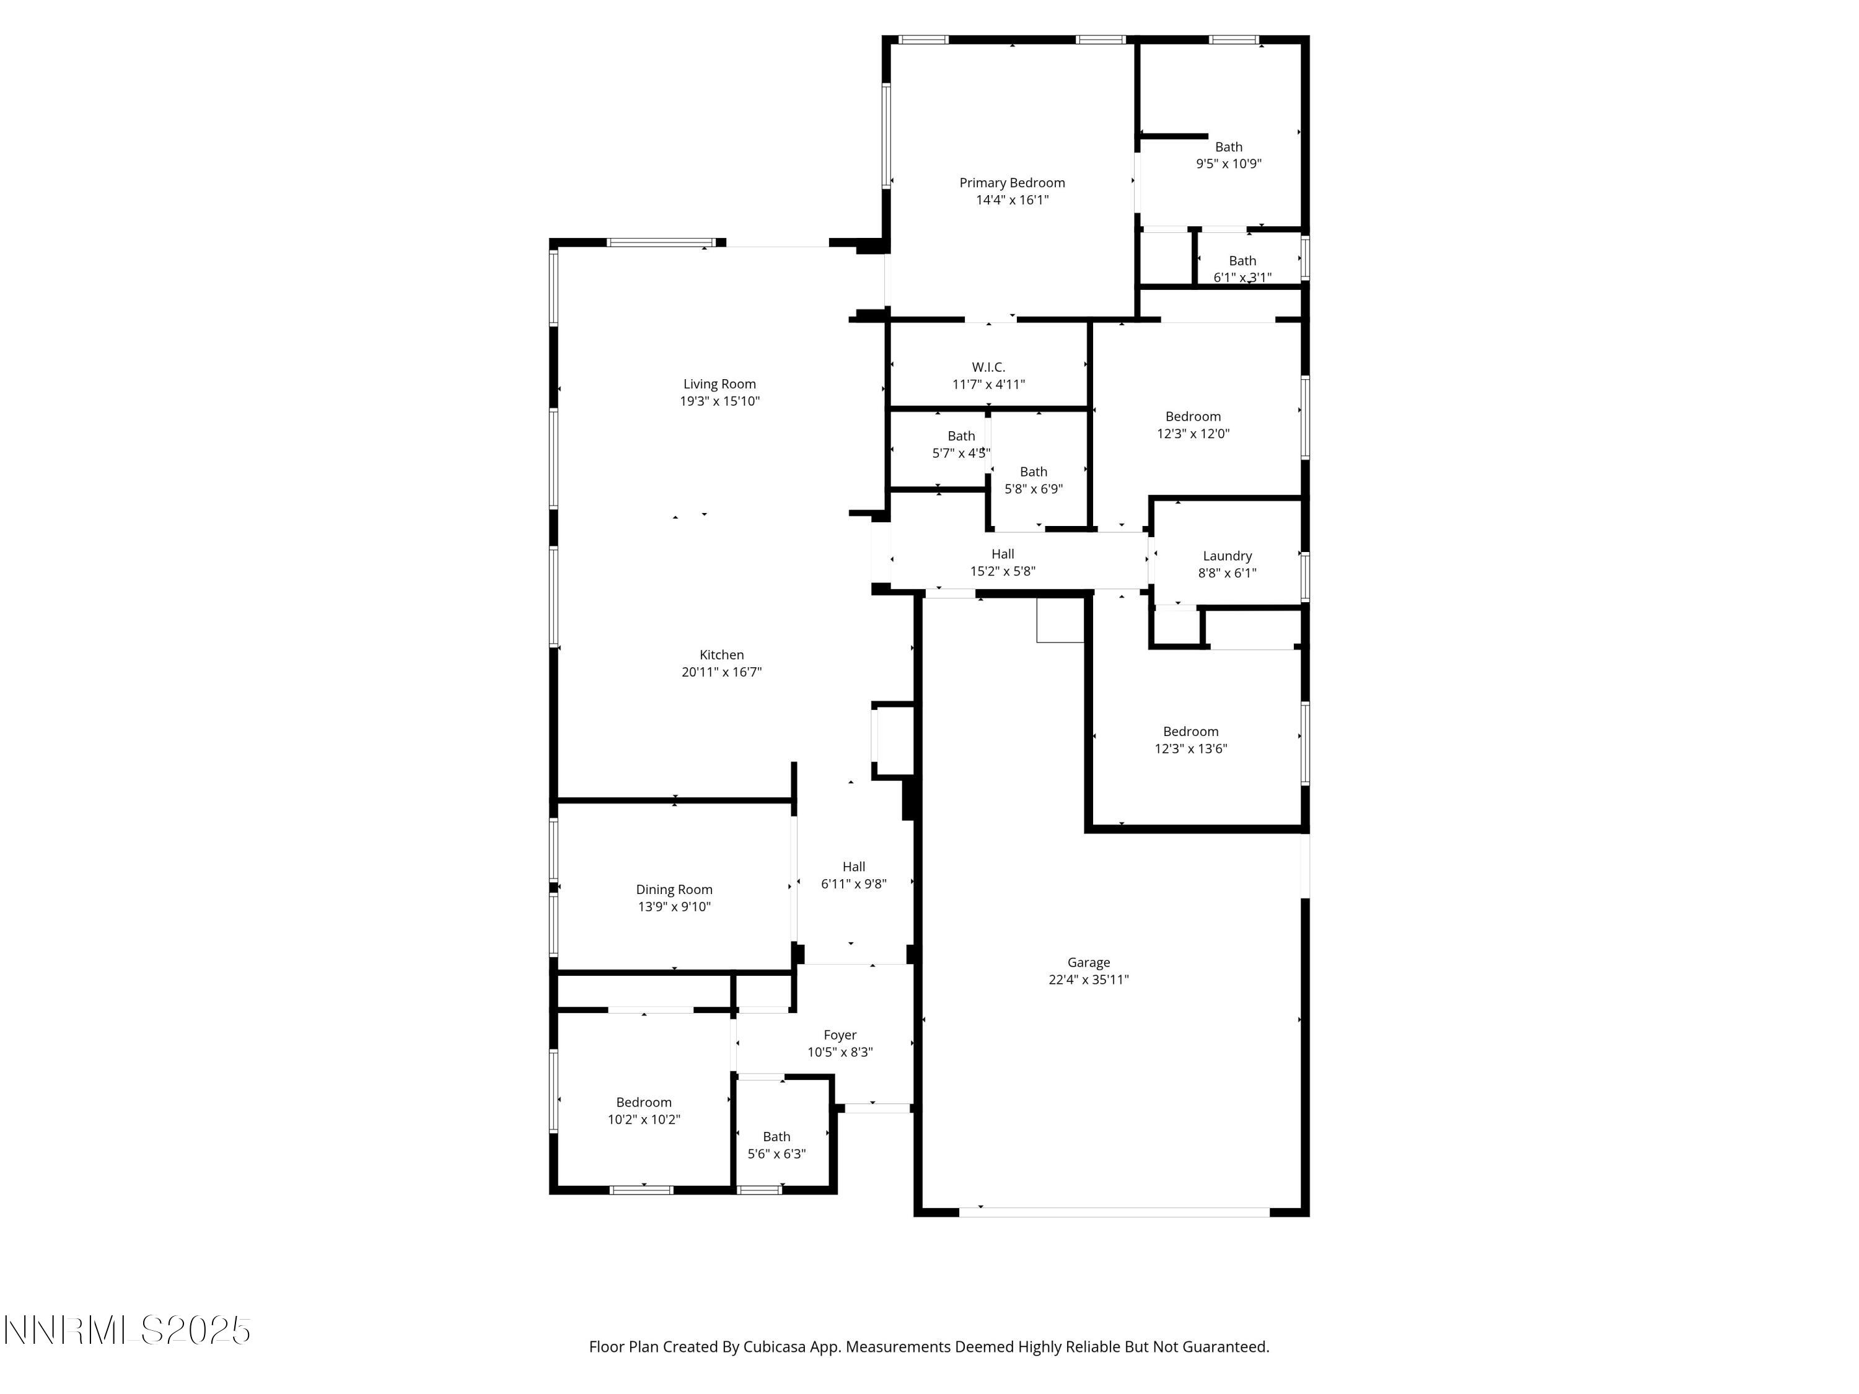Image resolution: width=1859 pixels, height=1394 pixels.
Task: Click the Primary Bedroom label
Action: (x=1012, y=182)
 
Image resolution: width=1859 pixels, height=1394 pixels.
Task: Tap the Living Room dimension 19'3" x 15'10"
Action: (x=719, y=401)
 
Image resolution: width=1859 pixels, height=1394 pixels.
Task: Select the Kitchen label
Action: (x=721, y=655)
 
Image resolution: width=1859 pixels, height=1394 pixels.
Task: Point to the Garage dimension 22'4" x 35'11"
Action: (x=1088, y=979)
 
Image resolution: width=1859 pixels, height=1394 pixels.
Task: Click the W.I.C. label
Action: (x=988, y=367)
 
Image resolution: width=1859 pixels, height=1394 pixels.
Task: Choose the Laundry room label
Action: (x=1227, y=555)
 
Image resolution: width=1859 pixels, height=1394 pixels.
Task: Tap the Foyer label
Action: (x=840, y=1035)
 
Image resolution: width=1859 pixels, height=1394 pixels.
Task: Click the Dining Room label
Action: (x=674, y=889)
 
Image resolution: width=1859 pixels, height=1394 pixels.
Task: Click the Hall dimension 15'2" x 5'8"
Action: (x=1003, y=571)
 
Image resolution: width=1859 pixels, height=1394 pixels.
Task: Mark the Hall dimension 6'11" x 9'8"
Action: (x=854, y=883)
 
